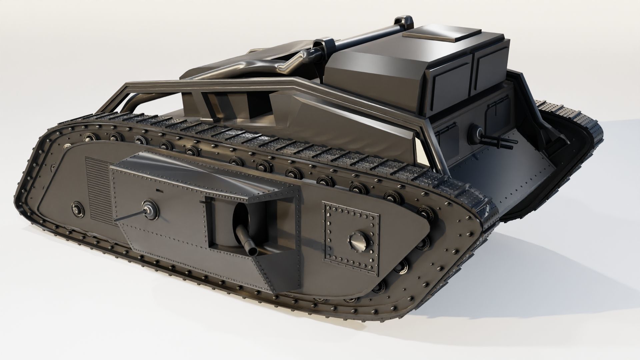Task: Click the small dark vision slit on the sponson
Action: click(x=159, y=191)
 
